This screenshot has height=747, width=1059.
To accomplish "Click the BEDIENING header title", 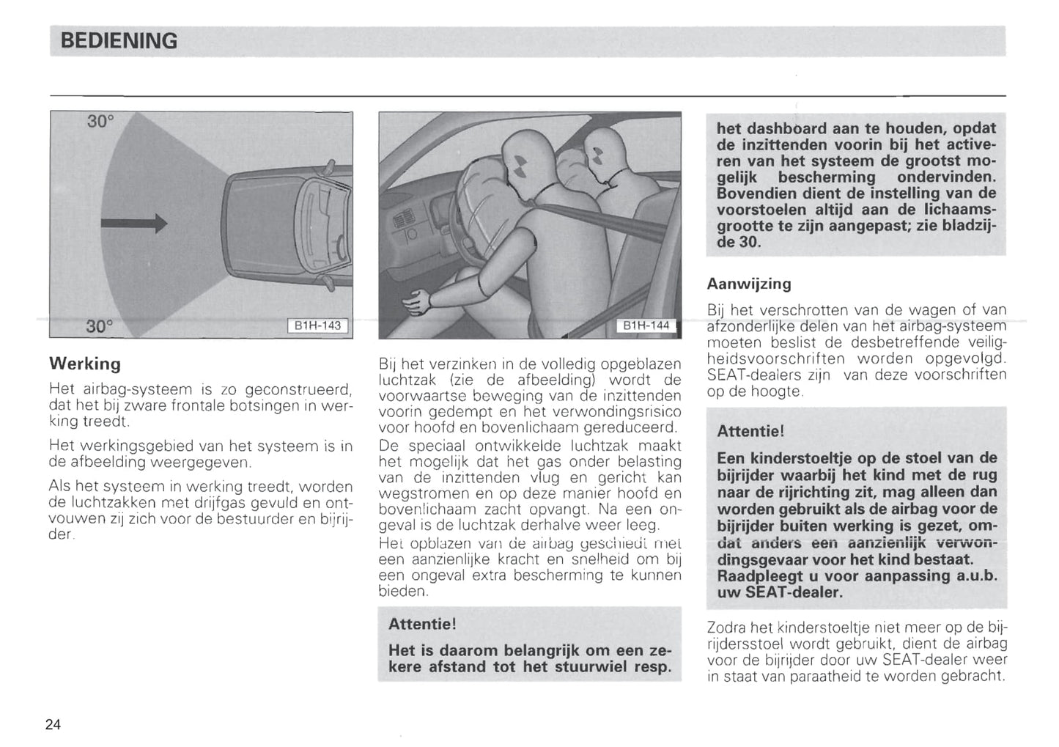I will coord(119,41).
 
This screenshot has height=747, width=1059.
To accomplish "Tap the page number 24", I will coord(53,724).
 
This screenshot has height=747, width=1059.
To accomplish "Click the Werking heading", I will coord(84,364).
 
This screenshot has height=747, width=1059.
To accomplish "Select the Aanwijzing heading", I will coord(748,283).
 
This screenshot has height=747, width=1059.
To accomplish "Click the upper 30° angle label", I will coord(101,122).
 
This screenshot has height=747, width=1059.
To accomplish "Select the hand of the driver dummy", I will coord(416,300).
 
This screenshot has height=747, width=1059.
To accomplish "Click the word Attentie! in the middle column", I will coord(421,624).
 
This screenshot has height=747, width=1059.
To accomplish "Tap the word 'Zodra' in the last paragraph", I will coord(726,628).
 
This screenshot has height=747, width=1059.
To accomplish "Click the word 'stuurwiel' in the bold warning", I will coord(592,666).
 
